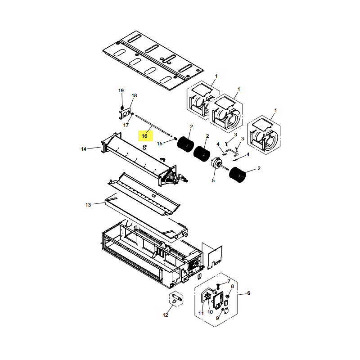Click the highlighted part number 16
pyautogui.click(x=144, y=136)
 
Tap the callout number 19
pyautogui.click(x=121, y=91)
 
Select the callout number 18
pyautogui.click(x=134, y=95)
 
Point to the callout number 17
pyautogui.click(x=126, y=125)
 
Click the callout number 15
pyautogui.click(x=160, y=144)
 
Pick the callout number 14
pyautogui.click(x=84, y=149)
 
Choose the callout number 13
pyautogui.click(x=88, y=205)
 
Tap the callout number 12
pyautogui.click(x=165, y=315)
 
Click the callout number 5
pyautogui.click(x=213, y=181)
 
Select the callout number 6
pyautogui.click(x=249, y=293)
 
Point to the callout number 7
pyautogui.click(x=229, y=281)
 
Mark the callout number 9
pyautogui.click(x=217, y=318)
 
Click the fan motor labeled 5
pyautogui.click(x=216, y=162)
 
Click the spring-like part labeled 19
pyautogui.click(x=122, y=107)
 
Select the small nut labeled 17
pyautogui.click(x=132, y=114)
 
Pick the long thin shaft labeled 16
pyautogui.click(x=153, y=126)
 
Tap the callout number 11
pyautogui.click(x=201, y=313)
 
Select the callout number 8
pyautogui.click(x=232, y=287)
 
